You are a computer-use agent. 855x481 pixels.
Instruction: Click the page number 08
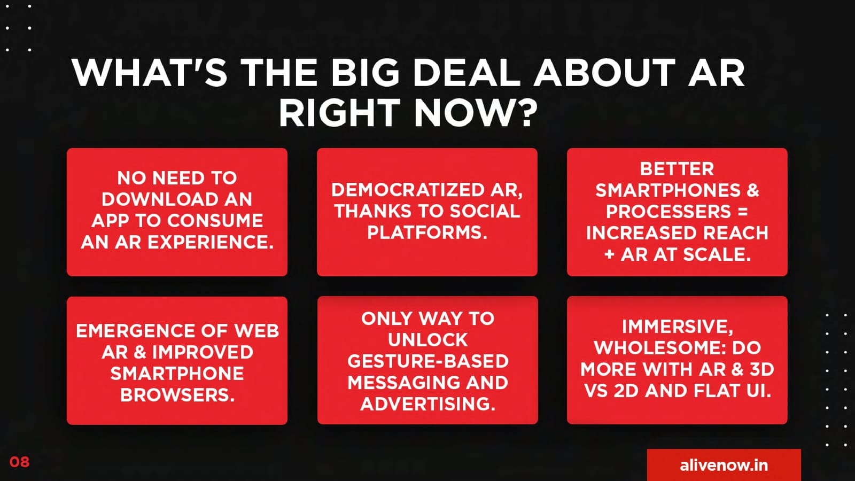click(19, 462)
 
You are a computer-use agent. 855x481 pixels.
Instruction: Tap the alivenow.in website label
click(724, 466)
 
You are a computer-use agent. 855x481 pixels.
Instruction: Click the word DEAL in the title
click(467, 73)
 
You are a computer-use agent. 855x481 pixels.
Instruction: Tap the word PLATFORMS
click(427, 232)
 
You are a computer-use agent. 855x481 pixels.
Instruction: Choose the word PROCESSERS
click(669, 212)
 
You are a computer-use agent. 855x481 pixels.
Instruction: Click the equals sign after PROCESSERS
click(743, 212)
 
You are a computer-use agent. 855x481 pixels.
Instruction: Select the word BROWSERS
click(177, 395)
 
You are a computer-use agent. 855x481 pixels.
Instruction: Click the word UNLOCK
click(428, 340)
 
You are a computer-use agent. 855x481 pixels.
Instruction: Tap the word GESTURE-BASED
click(428, 361)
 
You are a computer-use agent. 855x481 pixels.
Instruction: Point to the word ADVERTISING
click(428, 404)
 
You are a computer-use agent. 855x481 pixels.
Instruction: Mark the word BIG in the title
click(365, 73)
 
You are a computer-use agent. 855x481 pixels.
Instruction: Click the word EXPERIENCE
click(211, 242)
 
